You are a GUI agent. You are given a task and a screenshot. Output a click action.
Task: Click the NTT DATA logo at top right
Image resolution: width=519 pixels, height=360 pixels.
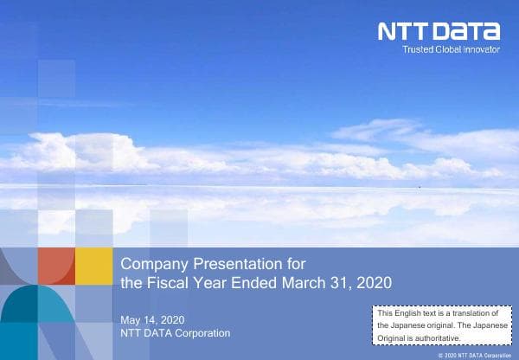tap(439, 32)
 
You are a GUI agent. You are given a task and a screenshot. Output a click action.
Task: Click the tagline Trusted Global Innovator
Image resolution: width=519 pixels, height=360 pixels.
tap(451, 50)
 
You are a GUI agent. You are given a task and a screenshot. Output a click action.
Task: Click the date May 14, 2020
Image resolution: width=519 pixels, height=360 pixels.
tap(153, 319)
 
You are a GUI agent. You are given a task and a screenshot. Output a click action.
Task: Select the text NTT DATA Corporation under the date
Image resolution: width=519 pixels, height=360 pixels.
tap(176, 333)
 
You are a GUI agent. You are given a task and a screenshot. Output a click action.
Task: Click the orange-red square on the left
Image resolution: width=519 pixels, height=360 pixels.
tap(56, 266)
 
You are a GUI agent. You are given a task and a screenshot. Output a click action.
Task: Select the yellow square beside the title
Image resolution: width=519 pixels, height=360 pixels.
tap(93, 266)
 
